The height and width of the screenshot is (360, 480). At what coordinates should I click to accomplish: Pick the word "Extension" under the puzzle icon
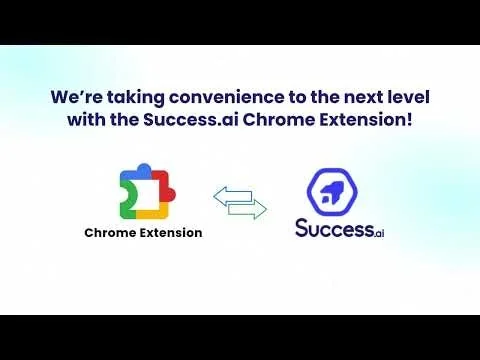pyautogui.click(x=172, y=233)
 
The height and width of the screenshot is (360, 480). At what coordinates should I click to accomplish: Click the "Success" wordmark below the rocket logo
pyautogui.click(x=330, y=228)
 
